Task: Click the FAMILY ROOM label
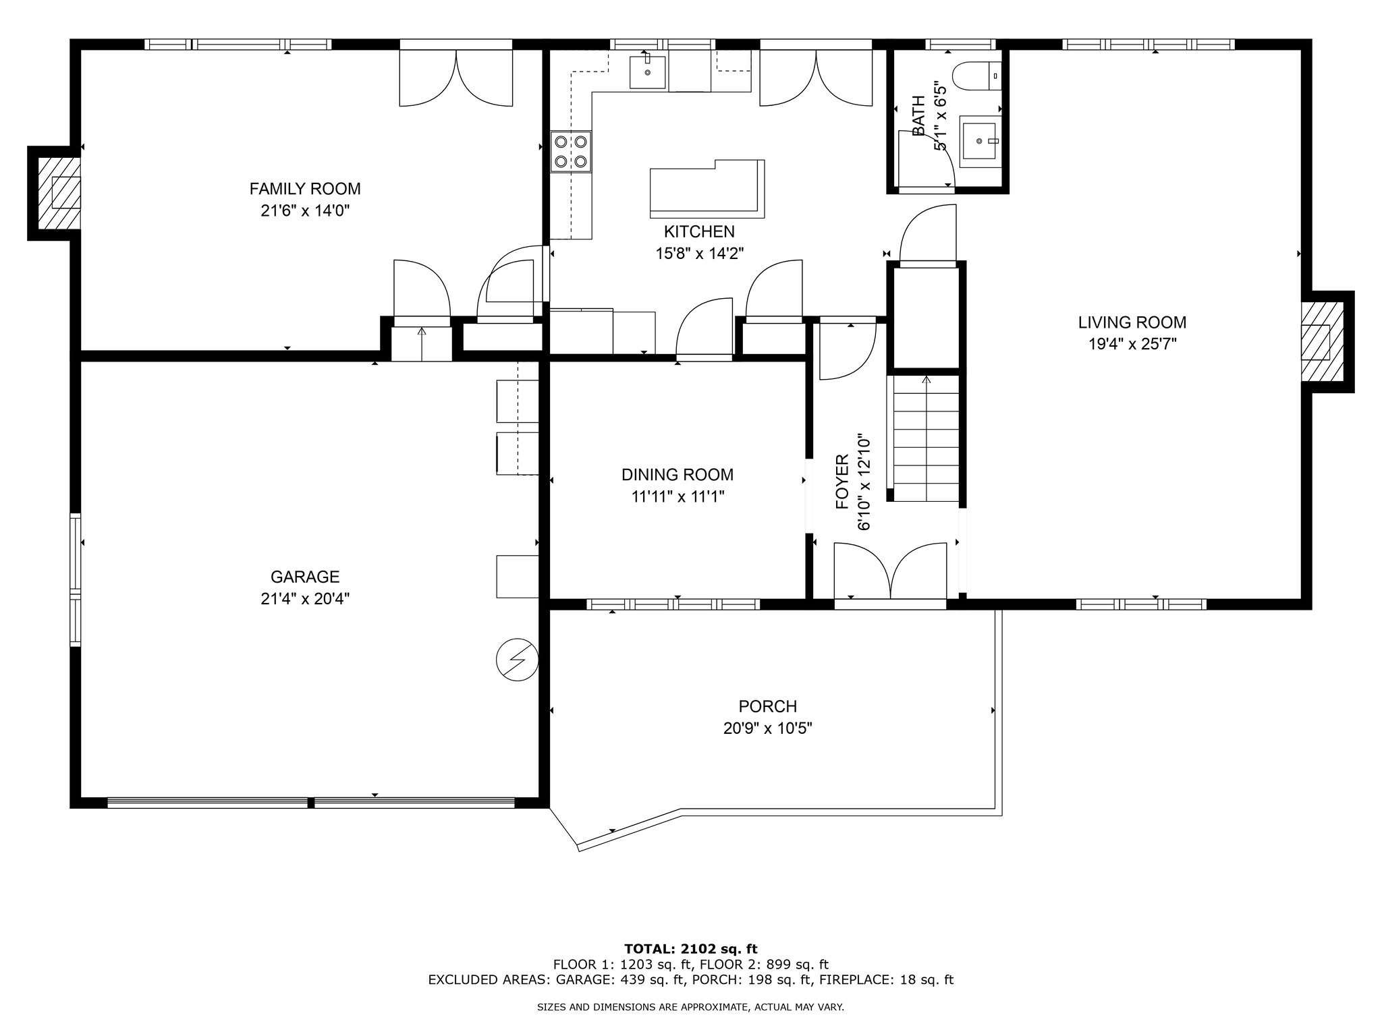[x=305, y=189]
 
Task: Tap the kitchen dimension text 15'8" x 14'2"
[x=699, y=254]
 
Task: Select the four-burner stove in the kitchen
[x=570, y=152]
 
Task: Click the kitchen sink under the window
[x=648, y=72]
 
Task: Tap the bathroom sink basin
[x=979, y=141]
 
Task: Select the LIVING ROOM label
[x=1132, y=322]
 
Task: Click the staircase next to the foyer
[x=927, y=439]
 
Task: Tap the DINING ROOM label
[x=678, y=475]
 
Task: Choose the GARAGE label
[x=305, y=577]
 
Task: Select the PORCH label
[x=768, y=706]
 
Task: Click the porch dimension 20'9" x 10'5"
[x=768, y=728]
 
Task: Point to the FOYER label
[x=842, y=482]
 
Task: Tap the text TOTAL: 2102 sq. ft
[x=691, y=949]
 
